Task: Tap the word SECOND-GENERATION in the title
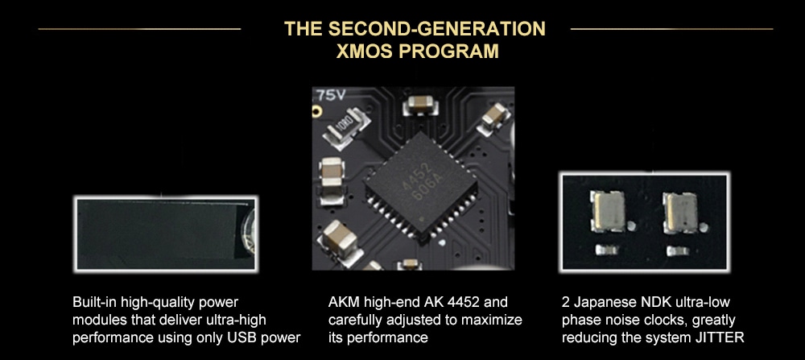coord(436,29)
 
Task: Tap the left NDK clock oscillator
coord(608,211)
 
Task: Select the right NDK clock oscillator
coord(680,212)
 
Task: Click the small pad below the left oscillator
coord(606,250)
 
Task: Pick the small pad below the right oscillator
coord(678,250)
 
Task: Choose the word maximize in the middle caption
coord(490,320)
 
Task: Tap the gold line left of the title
coord(139,29)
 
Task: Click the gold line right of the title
coord(671,29)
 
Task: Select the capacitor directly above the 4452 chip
coord(421,106)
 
